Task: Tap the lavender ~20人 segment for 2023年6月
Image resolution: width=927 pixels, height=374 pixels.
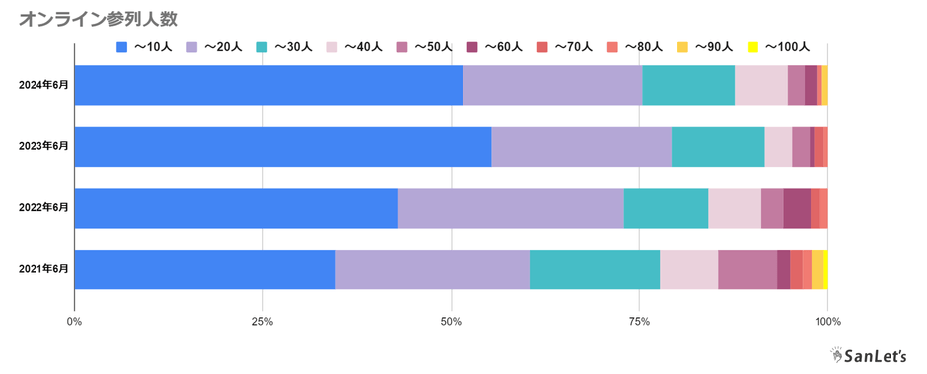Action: click(581, 146)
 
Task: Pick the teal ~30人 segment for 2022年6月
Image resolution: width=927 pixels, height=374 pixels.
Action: click(666, 207)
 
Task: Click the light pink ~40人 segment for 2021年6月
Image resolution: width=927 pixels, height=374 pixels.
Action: click(688, 269)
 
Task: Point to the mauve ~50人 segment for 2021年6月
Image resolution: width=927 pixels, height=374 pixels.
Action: click(747, 269)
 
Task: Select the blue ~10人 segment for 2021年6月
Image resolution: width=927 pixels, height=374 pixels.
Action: click(204, 269)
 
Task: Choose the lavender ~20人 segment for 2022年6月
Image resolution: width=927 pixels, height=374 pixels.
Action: click(511, 207)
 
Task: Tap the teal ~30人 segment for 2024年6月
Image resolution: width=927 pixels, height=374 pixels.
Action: click(687, 85)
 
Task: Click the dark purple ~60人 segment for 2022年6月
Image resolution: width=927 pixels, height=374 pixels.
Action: click(796, 207)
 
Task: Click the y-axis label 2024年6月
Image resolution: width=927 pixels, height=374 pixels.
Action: click(44, 85)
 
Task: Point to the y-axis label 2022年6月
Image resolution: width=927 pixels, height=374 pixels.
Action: click(44, 207)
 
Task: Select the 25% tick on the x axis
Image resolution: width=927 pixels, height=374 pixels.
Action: click(262, 321)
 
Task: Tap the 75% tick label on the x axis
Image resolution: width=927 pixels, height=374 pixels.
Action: click(639, 321)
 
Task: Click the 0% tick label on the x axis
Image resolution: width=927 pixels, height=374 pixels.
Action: click(74, 321)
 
